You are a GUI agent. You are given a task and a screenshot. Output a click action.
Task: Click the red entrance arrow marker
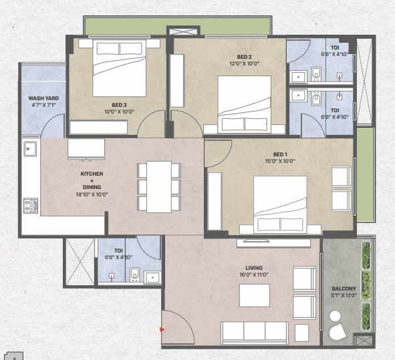click(x=162, y=329)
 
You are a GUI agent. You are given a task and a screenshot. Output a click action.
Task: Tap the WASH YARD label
click(x=43, y=98)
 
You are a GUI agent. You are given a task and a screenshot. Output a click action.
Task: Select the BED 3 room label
click(x=119, y=105)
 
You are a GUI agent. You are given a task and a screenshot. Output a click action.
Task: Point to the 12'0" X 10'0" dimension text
click(x=244, y=63)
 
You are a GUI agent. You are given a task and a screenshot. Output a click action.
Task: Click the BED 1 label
click(x=280, y=154)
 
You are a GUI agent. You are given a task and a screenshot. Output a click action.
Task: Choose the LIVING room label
click(x=254, y=268)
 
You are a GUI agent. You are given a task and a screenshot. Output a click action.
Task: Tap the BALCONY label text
click(x=344, y=289)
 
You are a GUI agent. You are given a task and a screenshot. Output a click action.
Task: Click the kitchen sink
click(x=30, y=149)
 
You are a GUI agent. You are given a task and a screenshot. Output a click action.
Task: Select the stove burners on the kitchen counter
click(x=31, y=206)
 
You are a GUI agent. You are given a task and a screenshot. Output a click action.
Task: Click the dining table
click(x=159, y=187)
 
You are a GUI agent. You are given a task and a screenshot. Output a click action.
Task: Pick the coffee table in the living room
click(x=255, y=295)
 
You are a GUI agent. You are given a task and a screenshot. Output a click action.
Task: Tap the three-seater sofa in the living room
click(x=255, y=333)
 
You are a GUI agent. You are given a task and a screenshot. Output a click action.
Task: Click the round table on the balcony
click(x=335, y=316)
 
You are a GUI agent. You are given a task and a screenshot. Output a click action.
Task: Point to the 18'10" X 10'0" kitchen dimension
click(x=92, y=194)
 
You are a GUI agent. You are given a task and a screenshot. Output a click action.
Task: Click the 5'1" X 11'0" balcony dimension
click(x=344, y=295)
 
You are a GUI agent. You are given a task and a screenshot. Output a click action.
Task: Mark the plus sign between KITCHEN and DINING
click(x=92, y=180)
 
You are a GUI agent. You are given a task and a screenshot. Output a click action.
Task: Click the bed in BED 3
click(x=120, y=68)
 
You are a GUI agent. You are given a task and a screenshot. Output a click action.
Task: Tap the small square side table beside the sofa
click(x=302, y=333)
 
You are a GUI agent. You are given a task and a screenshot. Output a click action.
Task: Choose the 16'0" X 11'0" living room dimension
click(x=254, y=275)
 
